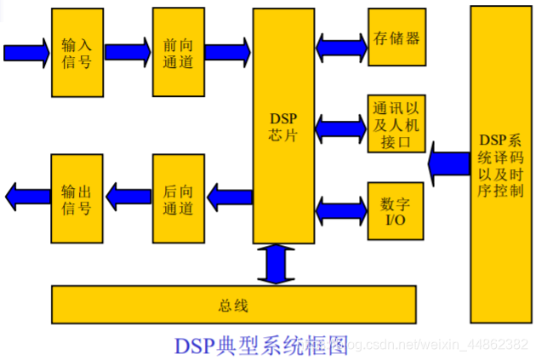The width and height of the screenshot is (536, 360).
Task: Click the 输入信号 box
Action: pos(77,53)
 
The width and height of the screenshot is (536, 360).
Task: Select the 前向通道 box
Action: pos(179,53)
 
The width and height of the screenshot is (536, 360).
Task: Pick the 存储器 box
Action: pos(396,37)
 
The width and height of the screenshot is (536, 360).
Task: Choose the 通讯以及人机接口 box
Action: pos(396,123)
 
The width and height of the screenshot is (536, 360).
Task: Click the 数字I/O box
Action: pos(396,209)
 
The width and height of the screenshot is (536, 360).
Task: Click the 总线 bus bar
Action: pos(234,305)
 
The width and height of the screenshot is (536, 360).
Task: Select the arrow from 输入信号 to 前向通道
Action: pos(128,52)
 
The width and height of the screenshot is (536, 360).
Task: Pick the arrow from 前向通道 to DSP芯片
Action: pos(229,52)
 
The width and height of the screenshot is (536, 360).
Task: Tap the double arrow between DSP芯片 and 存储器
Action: pos(341,41)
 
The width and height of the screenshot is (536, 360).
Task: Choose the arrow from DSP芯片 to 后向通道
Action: pos(229,197)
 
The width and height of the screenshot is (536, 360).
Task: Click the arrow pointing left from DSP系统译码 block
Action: pos(449,163)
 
